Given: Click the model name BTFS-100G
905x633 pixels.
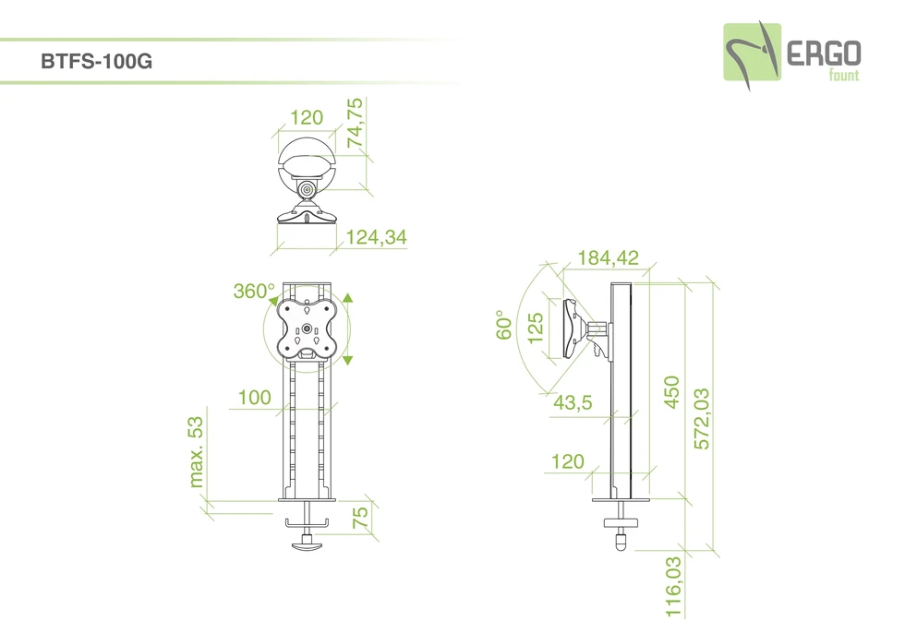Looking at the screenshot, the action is click(96, 61).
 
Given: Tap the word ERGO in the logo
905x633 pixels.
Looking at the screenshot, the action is click(824, 54).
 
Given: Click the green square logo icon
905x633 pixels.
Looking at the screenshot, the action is click(752, 52).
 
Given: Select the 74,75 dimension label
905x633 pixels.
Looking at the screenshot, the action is click(355, 123).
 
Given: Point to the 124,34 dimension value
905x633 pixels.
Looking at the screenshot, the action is click(377, 237).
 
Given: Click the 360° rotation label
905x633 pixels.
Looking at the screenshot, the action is click(254, 292).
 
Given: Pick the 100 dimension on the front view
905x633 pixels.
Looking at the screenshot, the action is click(255, 397).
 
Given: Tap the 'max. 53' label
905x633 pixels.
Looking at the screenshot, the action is click(196, 452).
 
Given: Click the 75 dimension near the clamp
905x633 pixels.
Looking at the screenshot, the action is click(360, 518).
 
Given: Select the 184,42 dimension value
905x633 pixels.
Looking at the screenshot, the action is click(609, 257).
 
